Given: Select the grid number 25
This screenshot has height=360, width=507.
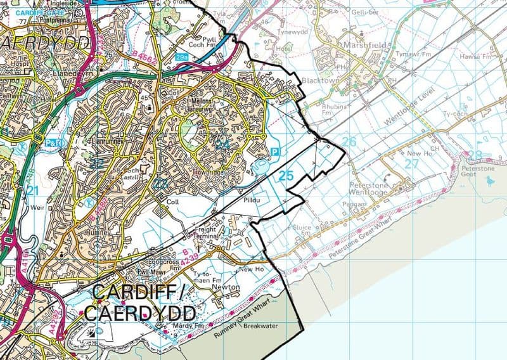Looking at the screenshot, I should [x=286, y=175].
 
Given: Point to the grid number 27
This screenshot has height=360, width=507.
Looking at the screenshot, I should [x=411, y=163].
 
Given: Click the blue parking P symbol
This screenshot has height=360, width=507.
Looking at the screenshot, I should [x=274, y=151].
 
